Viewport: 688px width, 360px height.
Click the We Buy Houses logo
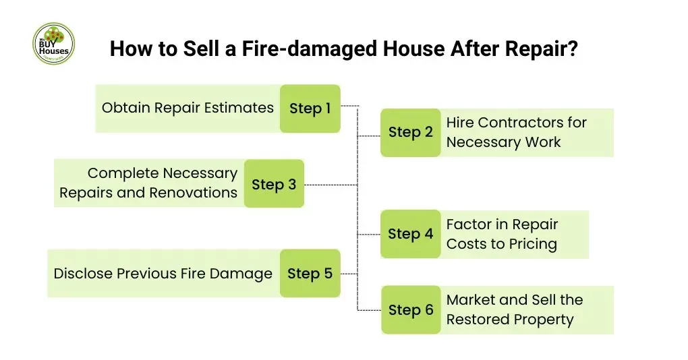click(53, 44)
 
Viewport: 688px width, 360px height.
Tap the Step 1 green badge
click(310, 109)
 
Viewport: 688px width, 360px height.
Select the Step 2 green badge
click(410, 133)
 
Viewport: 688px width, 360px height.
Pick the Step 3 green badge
click(274, 184)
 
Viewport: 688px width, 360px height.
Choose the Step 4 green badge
click(410, 235)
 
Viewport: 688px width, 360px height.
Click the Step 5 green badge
click(310, 274)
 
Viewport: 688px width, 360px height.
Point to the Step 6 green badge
click(410, 310)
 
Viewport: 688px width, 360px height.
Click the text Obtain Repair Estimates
click(188, 108)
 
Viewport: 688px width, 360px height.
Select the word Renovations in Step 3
click(194, 193)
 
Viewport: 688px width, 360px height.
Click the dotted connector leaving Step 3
click(331, 184)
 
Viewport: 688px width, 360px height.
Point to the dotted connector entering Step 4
click(368, 235)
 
